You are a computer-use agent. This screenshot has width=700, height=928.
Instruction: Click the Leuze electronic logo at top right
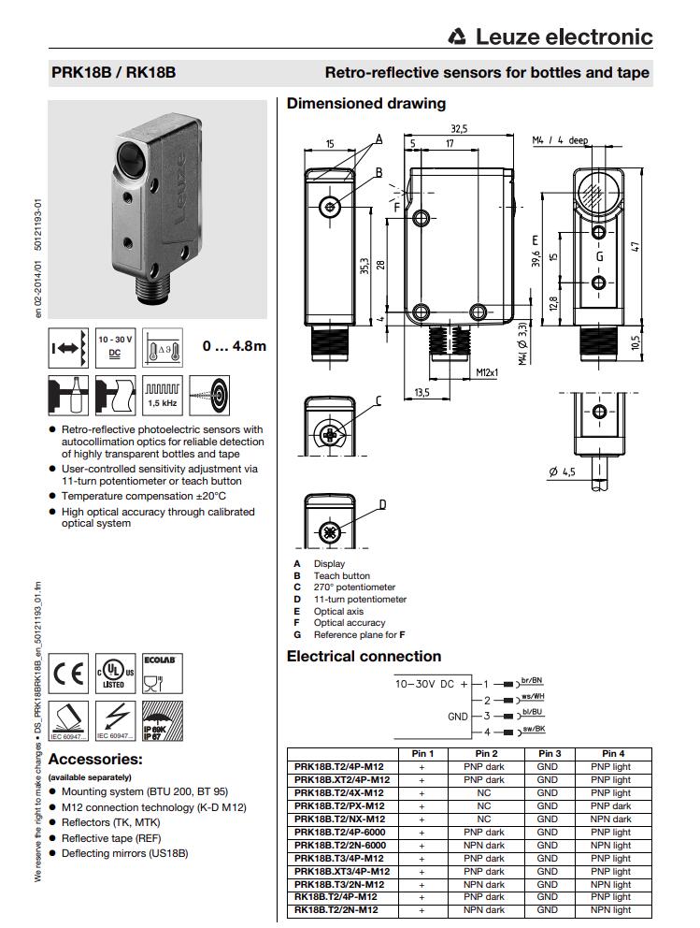pyautogui.click(x=550, y=36)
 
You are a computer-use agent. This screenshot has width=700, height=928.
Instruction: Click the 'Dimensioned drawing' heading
pyautogui.click(x=365, y=104)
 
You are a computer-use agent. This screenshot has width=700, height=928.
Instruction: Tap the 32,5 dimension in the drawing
pyautogui.click(x=459, y=129)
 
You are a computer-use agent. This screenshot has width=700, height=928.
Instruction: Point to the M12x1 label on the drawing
pyautogui.click(x=487, y=371)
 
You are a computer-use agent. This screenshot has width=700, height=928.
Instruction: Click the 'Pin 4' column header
pyautogui.click(x=613, y=753)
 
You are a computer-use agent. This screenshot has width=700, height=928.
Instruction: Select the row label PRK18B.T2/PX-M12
pyautogui.click(x=339, y=805)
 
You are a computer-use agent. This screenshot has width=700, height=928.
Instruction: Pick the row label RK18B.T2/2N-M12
pyautogui.click(x=336, y=910)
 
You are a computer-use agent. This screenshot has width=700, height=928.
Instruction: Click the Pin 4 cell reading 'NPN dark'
pyautogui.click(x=610, y=819)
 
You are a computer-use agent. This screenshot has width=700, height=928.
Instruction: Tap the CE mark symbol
pyautogui.click(x=68, y=673)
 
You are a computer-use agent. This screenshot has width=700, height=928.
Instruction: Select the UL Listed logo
pyautogui.click(x=115, y=674)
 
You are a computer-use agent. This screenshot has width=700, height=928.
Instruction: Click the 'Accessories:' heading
pyautogui.click(x=95, y=759)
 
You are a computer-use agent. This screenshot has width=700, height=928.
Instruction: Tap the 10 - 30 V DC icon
pyautogui.click(x=115, y=346)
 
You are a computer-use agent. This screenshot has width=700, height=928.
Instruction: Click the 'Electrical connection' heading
pyautogui.click(x=364, y=656)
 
